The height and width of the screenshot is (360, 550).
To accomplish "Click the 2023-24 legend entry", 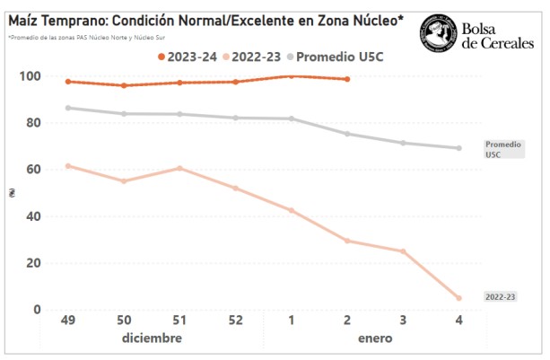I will click(x=188, y=57).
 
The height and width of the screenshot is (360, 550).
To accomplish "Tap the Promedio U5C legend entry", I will click(x=342, y=57).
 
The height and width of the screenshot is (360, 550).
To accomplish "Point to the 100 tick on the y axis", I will click(x=30, y=76).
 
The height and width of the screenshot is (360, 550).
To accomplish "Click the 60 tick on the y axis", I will click(x=33, y=170).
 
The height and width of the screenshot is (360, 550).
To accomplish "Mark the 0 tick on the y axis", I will click(x=37, y=310).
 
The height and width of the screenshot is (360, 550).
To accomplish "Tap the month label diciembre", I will click(x=152, y=338).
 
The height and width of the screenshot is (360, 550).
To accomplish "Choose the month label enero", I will click(x=374, y=338).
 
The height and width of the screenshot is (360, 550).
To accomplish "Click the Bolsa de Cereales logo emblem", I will click(x=439, y=32).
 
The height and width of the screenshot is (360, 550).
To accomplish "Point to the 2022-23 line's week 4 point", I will click(x=458, y=298).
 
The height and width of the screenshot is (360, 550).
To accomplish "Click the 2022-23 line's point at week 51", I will click(x=179, y=168).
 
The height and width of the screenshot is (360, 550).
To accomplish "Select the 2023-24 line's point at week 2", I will click(x=347, y=79).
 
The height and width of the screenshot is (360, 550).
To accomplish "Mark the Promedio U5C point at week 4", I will click(x=458, y=148).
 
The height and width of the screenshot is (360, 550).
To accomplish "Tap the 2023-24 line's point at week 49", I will click(x=68, y=82).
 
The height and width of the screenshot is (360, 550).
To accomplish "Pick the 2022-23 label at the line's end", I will click(x=500, y=296).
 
